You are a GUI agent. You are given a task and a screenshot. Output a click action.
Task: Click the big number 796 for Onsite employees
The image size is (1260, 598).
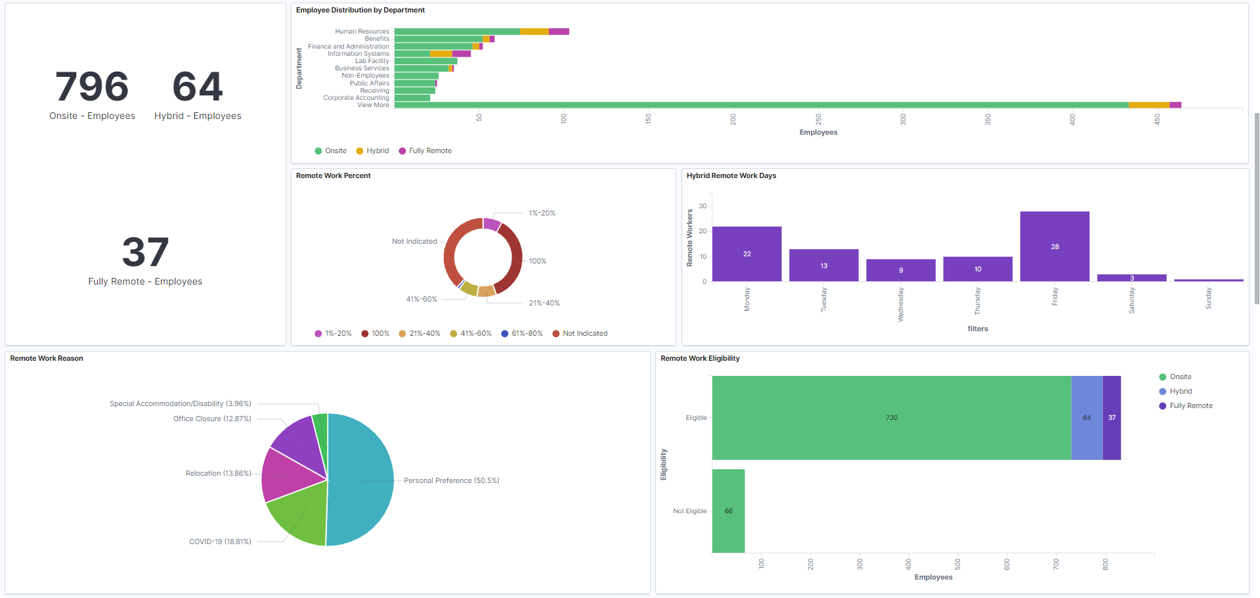tap(92, 87)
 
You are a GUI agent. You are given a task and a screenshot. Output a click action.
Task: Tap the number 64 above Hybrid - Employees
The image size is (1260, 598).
tap(198, 87)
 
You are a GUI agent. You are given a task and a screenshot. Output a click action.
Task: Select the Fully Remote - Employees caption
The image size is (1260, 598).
tap(145, 281)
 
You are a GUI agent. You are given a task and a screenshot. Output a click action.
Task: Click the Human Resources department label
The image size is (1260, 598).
tap(362, 32)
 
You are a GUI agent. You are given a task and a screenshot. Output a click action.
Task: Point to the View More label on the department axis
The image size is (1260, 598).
tap(373, 105)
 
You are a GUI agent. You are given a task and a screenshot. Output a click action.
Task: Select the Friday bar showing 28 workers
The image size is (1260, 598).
tap(1054, 246)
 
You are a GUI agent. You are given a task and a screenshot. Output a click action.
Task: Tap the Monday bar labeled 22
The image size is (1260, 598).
tap(747, 254)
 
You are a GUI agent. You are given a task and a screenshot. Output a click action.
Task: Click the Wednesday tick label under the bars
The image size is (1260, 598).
tap(901, 304)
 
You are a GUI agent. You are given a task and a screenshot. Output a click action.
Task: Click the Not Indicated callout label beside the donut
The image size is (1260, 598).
tap(414, 242)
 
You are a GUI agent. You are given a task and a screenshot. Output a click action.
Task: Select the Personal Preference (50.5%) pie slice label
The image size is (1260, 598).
tap(451, 481)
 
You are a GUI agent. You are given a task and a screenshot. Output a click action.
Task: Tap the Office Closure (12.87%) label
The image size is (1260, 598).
tap(212, 419)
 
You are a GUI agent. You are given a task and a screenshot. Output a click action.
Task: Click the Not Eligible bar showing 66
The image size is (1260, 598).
tap(728, 511)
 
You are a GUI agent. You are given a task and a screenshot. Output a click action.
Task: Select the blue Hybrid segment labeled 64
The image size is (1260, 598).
tap(1087, 418)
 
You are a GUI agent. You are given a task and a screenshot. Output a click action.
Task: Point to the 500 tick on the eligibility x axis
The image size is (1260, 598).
tap(957, 564)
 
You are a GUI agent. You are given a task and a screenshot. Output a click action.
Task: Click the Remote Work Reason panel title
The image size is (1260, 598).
tap(47, 359)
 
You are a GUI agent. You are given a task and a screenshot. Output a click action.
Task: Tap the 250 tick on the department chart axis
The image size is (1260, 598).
tap(818, 119)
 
